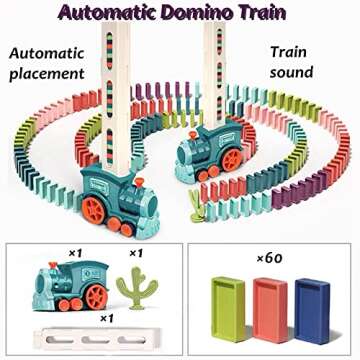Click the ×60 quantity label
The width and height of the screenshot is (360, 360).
[x=267, y=258]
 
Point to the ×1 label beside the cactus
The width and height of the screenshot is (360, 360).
[x=131, y=253]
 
